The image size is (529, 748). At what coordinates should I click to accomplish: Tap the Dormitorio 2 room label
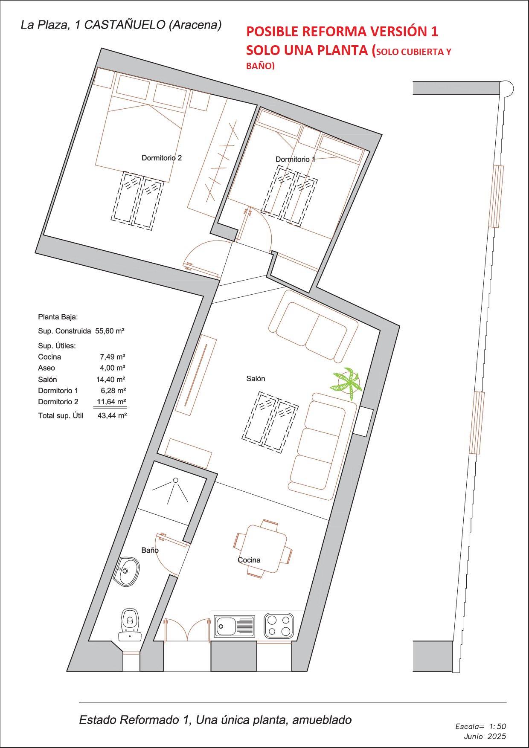[162, 158]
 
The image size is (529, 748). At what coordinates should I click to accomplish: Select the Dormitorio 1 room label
[295, 159]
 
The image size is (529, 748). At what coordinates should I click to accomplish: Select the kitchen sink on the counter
[234, 626]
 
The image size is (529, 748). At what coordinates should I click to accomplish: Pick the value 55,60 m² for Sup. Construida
[110, 331]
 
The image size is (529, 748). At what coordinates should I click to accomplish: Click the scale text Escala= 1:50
[480, 726]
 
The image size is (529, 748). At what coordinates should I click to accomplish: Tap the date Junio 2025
[484, 736]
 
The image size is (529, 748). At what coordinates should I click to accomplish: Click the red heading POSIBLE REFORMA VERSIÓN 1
[342, 32]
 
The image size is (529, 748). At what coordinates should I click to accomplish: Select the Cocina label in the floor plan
[249, 560]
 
